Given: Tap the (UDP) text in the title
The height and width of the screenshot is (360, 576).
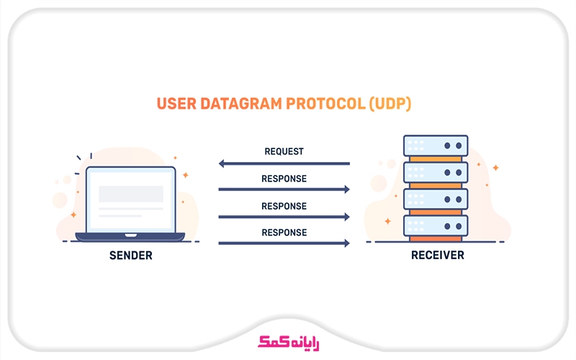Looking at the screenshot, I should [390, 104].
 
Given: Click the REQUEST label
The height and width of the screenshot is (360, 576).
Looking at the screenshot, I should [284, 152].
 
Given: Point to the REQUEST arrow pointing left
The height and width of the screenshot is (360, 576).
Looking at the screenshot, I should [284, 164].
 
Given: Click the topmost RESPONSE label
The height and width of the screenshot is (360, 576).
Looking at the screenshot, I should [284, 179].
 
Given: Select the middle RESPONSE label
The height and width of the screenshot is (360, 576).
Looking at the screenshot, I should [284, 206].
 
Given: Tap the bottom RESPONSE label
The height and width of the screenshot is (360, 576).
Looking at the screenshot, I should [284, 233].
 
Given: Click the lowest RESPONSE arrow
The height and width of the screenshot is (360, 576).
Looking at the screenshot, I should [284, 243].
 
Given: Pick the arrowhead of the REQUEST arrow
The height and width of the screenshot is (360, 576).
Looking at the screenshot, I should [222, 164].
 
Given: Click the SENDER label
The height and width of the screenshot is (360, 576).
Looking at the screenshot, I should [130, 256].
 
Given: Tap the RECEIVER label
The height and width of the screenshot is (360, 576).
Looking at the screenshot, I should [437, 256].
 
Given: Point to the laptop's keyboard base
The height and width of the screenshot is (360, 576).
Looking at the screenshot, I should [130, 236].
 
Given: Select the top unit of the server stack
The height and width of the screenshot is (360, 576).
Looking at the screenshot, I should [436, 145].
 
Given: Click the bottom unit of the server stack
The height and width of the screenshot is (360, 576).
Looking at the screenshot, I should [436, 225].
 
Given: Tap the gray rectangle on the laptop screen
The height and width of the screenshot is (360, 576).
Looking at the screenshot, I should [130, 194].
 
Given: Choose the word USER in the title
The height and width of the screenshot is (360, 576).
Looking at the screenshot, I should [174, 104].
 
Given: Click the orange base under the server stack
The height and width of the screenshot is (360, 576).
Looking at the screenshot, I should [436, 239].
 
